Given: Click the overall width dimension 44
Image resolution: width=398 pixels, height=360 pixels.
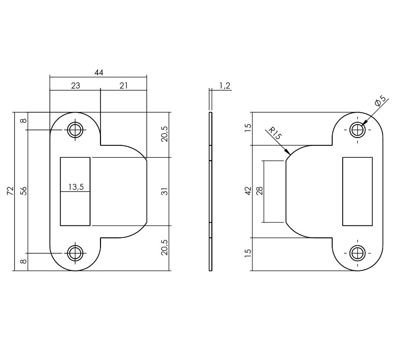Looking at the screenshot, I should coord(99,73).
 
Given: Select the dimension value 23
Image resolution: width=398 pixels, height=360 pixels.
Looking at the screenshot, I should coord(75,86).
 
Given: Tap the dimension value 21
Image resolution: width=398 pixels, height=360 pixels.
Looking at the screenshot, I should coord(123,86).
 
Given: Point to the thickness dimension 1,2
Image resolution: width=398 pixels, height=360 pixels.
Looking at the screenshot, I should coord(224,86).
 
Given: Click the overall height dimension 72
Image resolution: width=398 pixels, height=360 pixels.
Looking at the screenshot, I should coord(10,192).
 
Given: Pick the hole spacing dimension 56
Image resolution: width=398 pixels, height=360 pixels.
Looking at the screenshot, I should coord(23,192).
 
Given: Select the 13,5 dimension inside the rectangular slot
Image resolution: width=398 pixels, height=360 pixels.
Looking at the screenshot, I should coord(76,187).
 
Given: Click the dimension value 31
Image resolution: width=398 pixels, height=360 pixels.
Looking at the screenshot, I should coord(165,191).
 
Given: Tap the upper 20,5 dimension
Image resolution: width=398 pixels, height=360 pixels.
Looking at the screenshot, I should coord(165,134).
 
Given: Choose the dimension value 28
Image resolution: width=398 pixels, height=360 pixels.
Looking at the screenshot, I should coord(259,191).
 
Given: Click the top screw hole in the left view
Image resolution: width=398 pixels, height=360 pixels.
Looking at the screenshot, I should coord(75,130).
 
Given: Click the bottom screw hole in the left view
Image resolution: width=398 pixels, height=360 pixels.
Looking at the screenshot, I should coord(75,253).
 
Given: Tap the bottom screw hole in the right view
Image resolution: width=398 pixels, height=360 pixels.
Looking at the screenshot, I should coord(357,253).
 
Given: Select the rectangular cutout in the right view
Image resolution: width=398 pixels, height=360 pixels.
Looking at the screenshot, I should coord(357,191).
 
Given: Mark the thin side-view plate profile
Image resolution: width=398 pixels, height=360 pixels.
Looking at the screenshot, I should coord(211,191).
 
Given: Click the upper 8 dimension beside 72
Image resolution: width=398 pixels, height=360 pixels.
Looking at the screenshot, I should coord(23,121).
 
